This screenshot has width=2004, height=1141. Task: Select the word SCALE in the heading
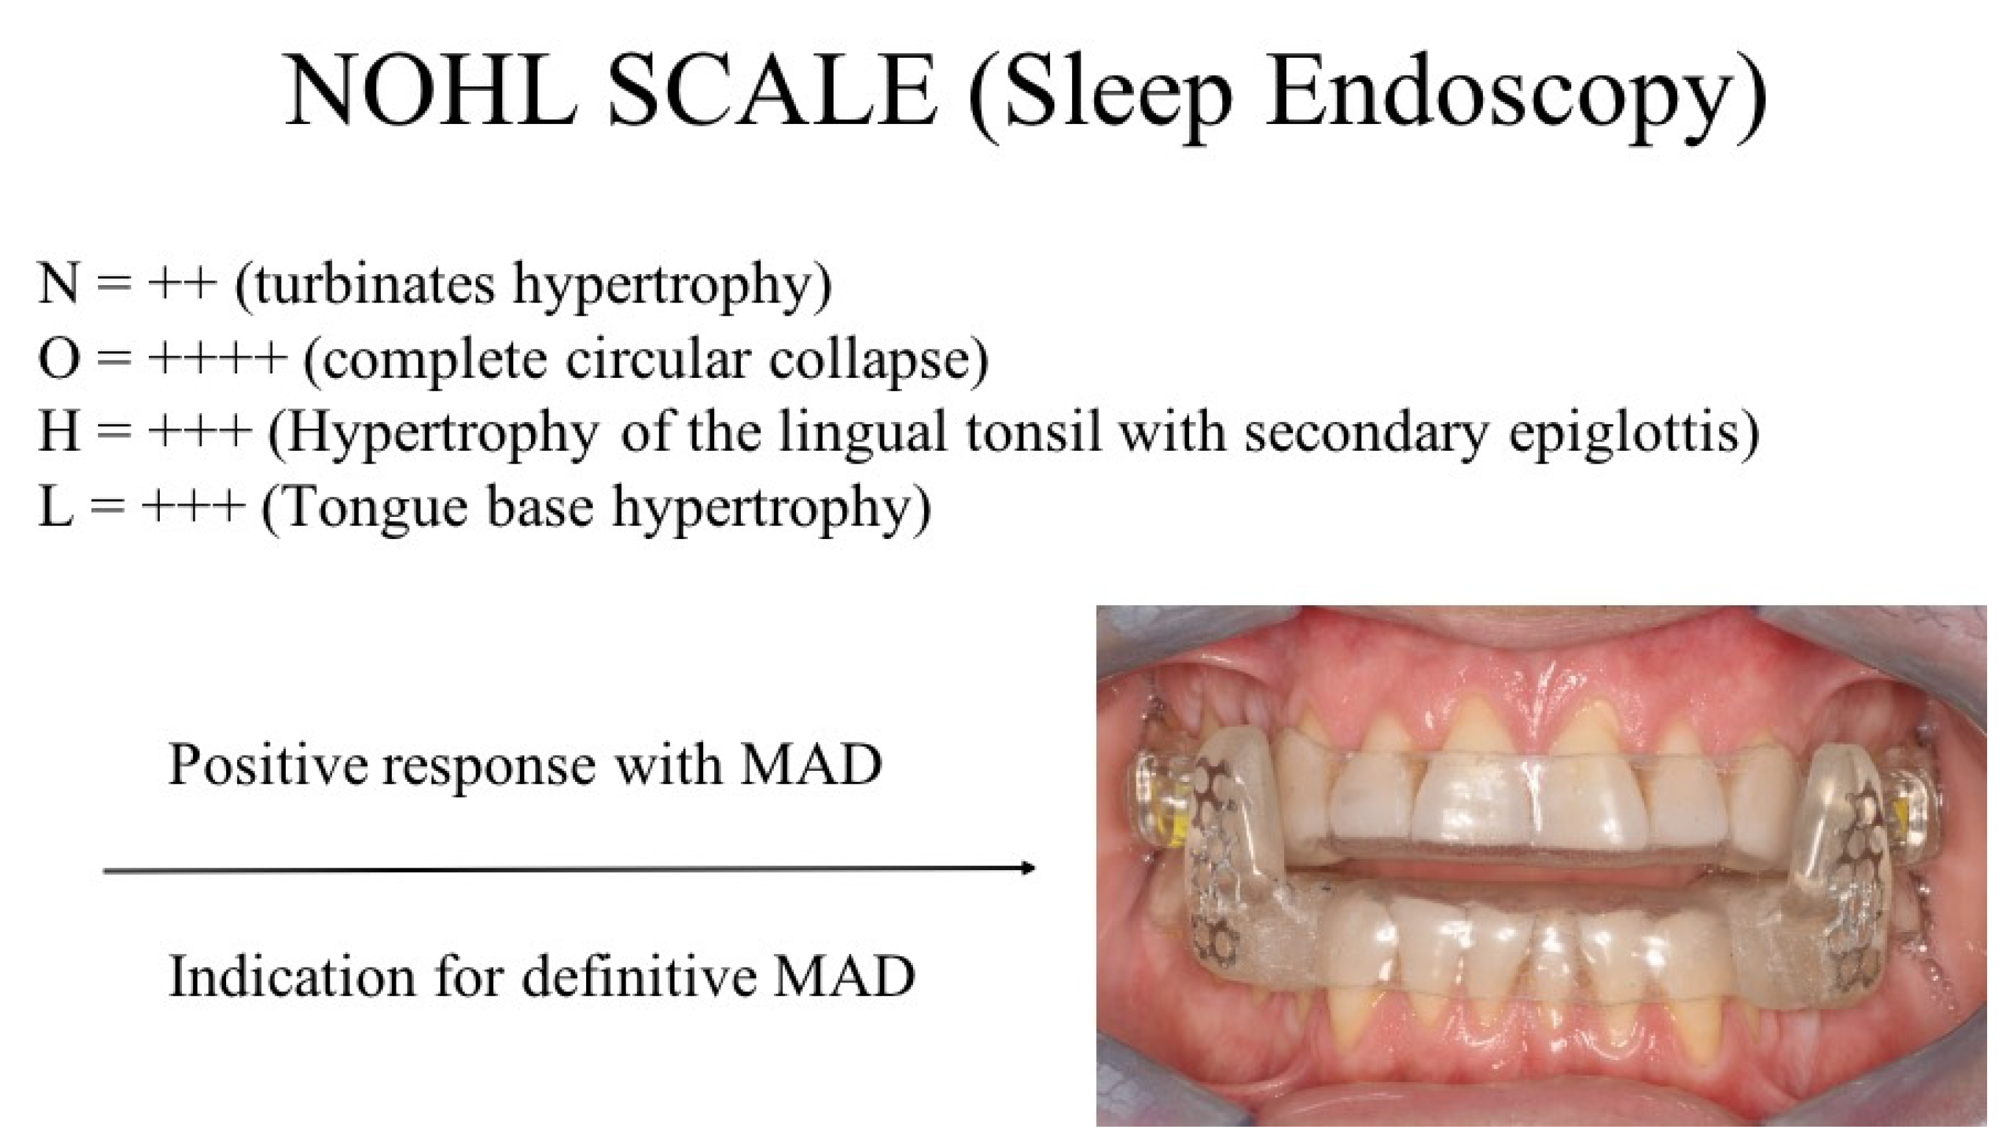pyautogui.click(x=772, y=90)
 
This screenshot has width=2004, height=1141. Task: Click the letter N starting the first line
pyautogui.click(x=58, y=283)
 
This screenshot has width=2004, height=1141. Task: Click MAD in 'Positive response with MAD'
pyautogui.click(x=811, y=766)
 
